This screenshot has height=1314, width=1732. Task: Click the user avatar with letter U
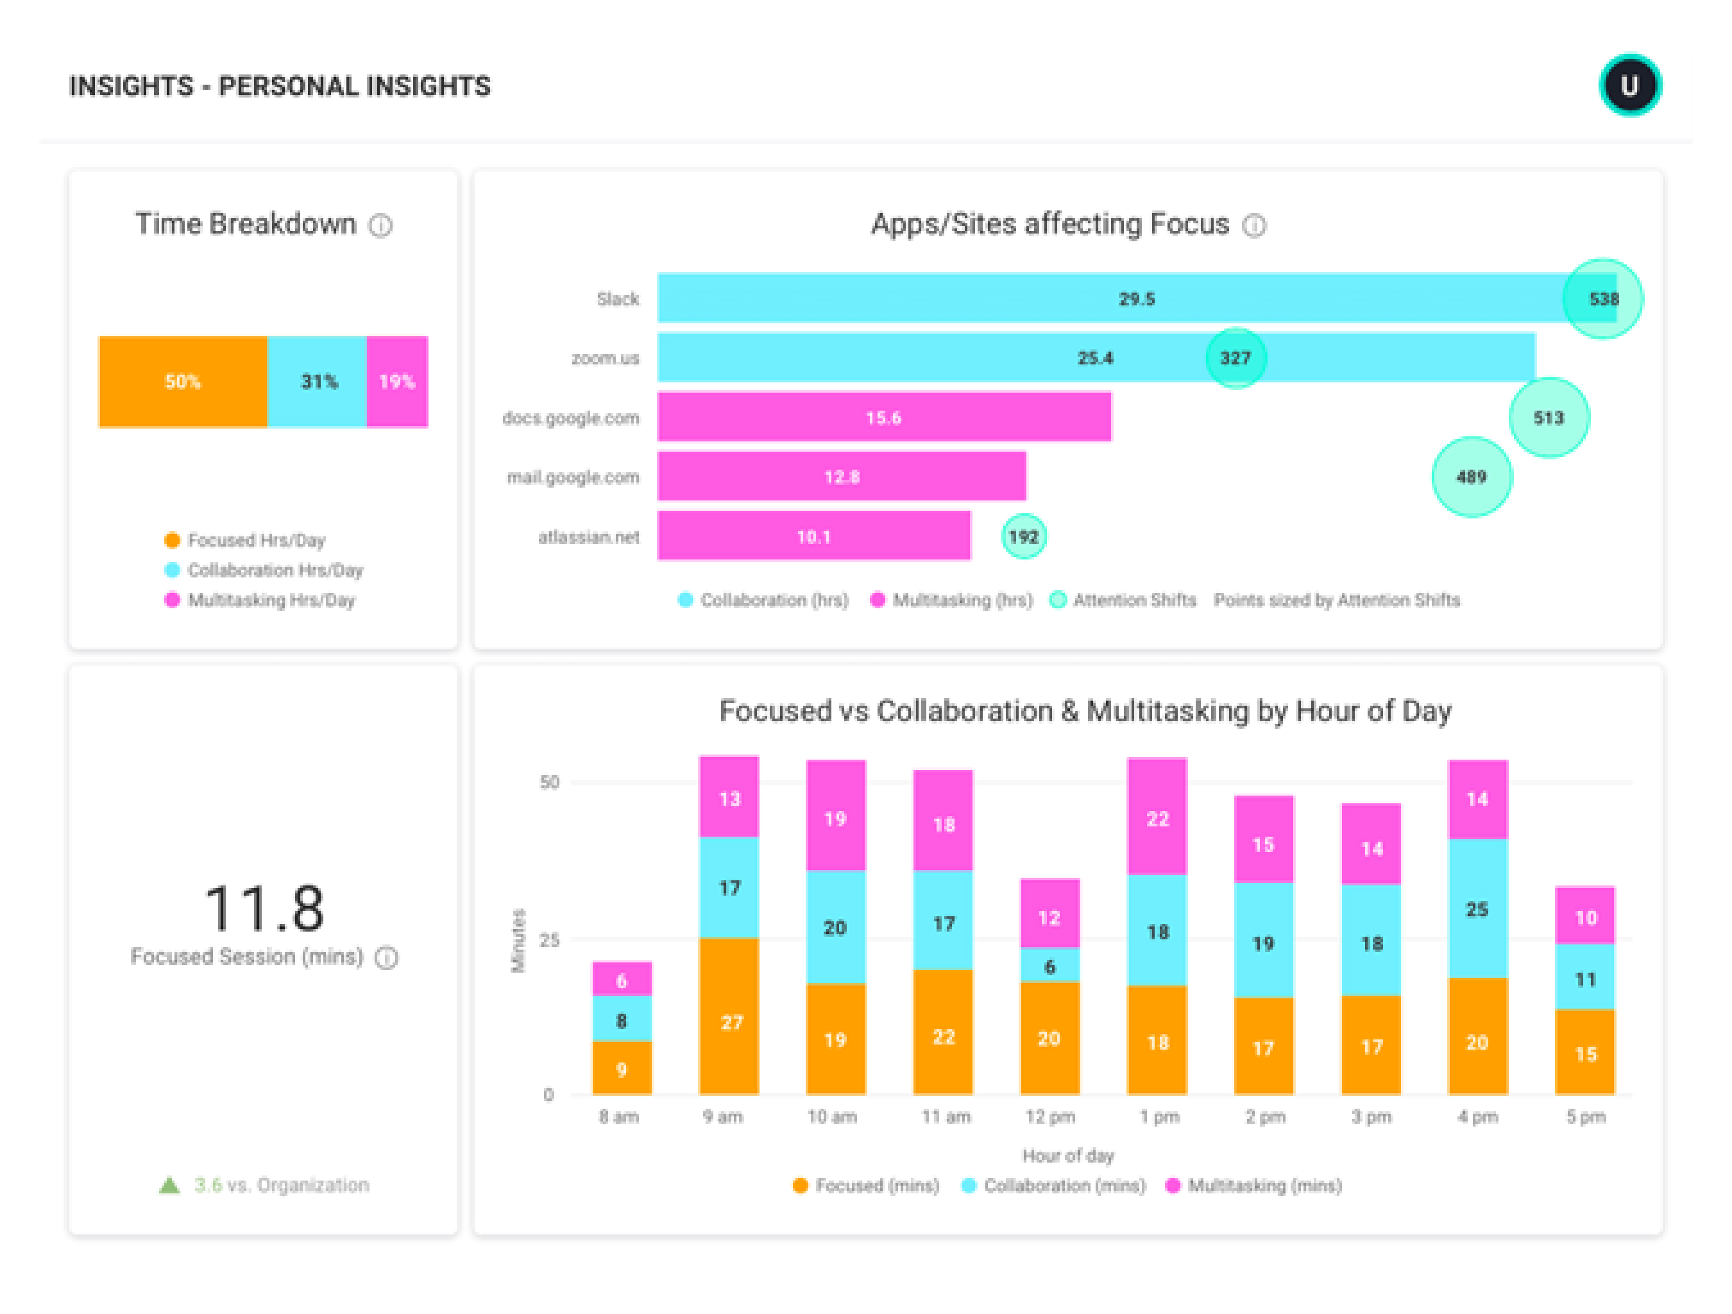click(1629, 85)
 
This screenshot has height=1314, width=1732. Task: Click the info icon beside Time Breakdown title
click(380, 226)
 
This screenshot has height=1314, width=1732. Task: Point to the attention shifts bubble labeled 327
click(1235, 358)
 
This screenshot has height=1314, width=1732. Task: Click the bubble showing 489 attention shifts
click(1472, 477)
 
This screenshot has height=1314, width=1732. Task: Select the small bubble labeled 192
click(1023, 536)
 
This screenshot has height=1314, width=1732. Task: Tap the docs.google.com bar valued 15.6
click(883, 418)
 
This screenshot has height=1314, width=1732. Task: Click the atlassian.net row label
click(588, 537)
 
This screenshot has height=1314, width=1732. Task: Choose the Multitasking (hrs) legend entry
click(951, 600)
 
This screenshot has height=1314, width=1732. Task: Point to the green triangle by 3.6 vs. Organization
click(169, 1185)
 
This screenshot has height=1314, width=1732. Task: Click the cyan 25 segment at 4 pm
click(1477, 909)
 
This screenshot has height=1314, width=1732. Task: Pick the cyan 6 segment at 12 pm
click(1049, 966)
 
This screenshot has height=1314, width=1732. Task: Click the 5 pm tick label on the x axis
click(1586, 1116)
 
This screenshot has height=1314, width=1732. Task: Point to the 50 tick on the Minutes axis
click(550, 782)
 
